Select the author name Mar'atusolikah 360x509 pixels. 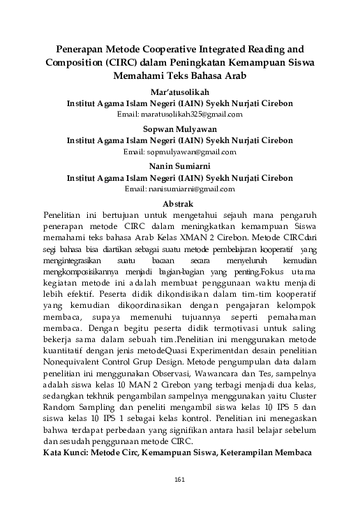click(x=179, y=91)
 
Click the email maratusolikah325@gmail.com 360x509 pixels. click(x=180, y=113)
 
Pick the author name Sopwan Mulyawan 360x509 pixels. click(x=179, y=129)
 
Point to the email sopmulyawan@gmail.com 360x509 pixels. click(x=180, y=151)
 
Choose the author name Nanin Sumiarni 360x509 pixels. click(x=179, y=167)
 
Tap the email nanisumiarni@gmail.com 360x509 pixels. click(x=180, y=189)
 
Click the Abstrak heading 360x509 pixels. click(x=179, y=203)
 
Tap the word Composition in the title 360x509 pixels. click(x=75, y=63)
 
